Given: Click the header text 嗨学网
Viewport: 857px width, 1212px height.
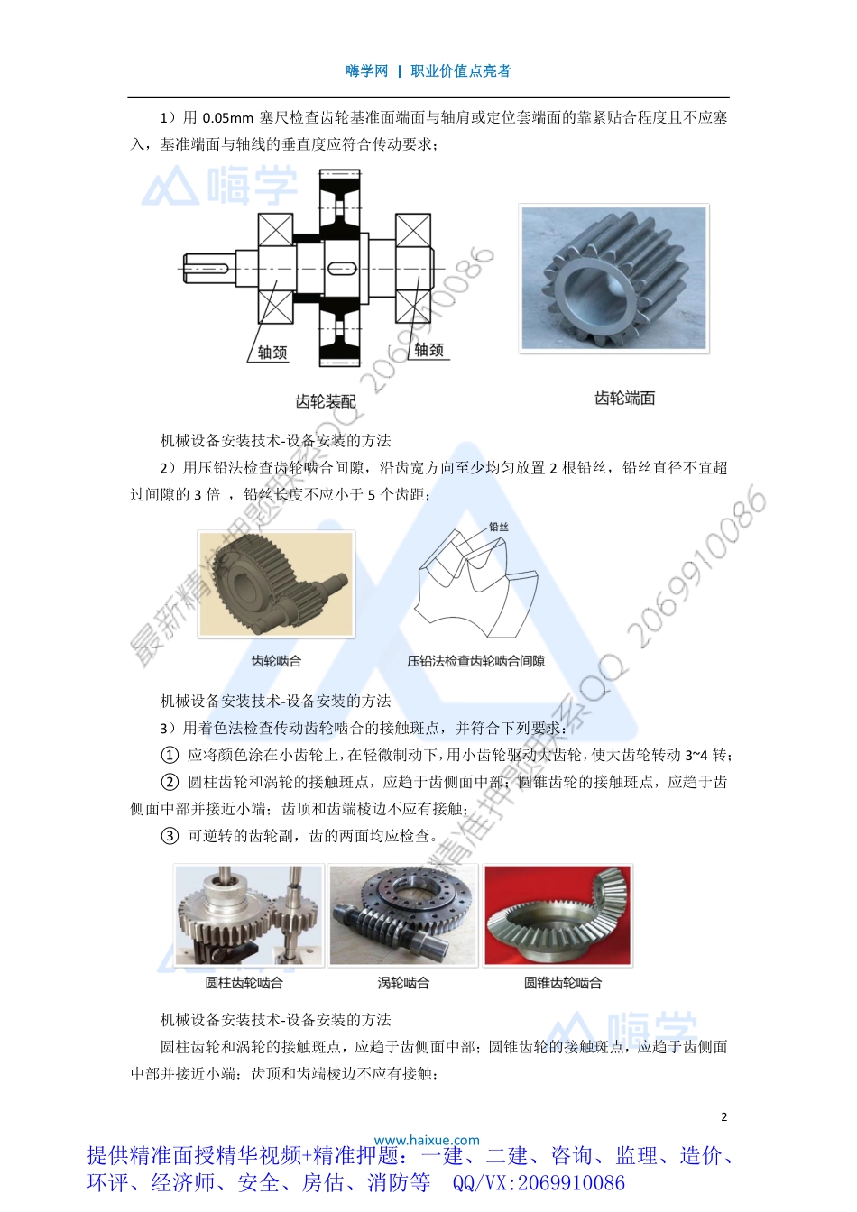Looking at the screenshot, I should click(x=366, y=71).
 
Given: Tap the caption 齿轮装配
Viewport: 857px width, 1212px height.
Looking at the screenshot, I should click(x=325, y=401).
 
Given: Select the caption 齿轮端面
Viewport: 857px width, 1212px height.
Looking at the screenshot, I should click(x=624, y=398).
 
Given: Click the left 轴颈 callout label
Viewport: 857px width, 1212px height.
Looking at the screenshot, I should click(x=272, y=353).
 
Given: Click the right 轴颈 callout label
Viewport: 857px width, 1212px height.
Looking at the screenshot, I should click(x=428, y=350).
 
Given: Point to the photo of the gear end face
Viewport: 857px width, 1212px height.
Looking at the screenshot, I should click(x=613, y=278).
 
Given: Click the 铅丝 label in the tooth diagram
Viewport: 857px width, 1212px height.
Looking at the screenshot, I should click(x=498, y=527).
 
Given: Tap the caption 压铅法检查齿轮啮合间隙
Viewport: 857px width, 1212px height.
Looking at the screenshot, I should click(x=475, y=661).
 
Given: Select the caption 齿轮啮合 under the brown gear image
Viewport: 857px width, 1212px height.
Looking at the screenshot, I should click(x=276, y=661).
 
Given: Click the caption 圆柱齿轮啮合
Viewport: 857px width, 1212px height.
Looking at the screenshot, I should click(x=244, y=982).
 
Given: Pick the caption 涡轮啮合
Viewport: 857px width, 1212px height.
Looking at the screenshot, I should click(x=403, y=982).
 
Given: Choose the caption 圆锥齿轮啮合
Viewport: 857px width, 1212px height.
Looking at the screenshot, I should click(x=562, y=982).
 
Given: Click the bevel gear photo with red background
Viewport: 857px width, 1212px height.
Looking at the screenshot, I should click(x=558, y=914).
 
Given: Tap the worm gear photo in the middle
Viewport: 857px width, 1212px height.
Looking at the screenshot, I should click(x=403, y=914).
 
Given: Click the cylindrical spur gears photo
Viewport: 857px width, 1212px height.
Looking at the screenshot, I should click(x=249, y=914).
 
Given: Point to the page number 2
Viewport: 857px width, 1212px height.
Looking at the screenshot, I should click(x=723, y=1116).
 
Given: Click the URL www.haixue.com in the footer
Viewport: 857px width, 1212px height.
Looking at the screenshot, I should click(x=427, y=1140).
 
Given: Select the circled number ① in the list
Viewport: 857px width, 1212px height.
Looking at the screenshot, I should click(x=170, y=755).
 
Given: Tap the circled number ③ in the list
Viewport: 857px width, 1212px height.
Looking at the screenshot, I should click(x=170, y=836).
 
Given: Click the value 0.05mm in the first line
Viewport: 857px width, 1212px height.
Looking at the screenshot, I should click(x=228, y=118).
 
